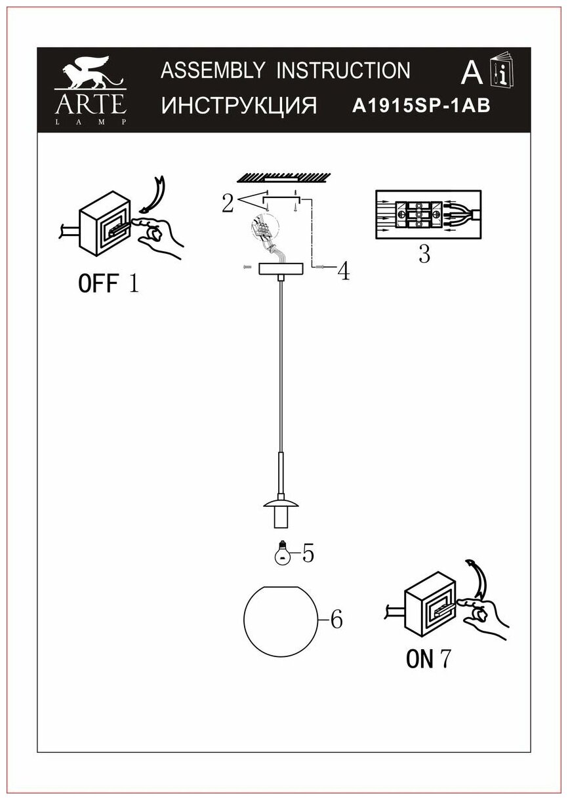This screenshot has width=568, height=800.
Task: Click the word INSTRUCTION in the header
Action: pos(344,70)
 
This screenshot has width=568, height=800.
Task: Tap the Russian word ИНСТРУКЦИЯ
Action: pos(239,106)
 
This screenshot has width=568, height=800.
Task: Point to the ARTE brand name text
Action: pos(90,104)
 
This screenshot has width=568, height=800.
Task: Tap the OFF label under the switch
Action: pos(98,284)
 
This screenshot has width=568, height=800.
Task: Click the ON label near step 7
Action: pos(420,658)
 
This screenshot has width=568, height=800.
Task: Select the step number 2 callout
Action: pos(227,204)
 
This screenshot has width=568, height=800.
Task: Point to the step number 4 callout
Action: pos(342,271)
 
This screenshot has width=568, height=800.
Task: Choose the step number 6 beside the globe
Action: pos(336,619)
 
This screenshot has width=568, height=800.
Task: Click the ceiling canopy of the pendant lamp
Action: pos(281,268)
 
